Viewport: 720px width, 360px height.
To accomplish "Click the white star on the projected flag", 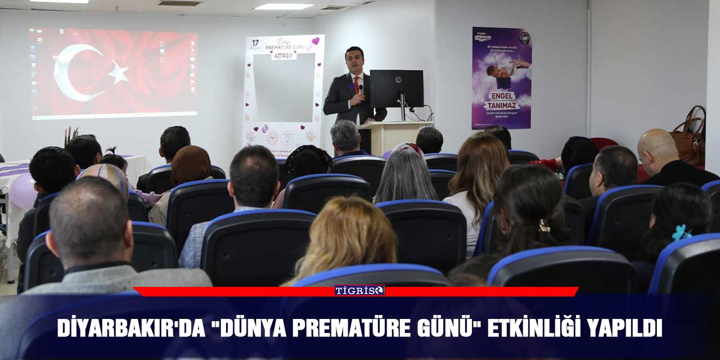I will (118, 72).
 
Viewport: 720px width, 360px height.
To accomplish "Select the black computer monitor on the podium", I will (397, 88).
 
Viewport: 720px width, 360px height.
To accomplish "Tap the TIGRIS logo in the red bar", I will (360, 290).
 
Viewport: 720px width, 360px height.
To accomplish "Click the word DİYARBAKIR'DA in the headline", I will (131, 328).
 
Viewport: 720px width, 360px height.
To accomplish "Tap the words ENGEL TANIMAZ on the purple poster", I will (502, 101).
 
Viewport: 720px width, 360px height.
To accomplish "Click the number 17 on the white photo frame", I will (255, 43).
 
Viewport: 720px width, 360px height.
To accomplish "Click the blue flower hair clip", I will (681, 232).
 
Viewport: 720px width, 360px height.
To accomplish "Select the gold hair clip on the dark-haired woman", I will (544, 226).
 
